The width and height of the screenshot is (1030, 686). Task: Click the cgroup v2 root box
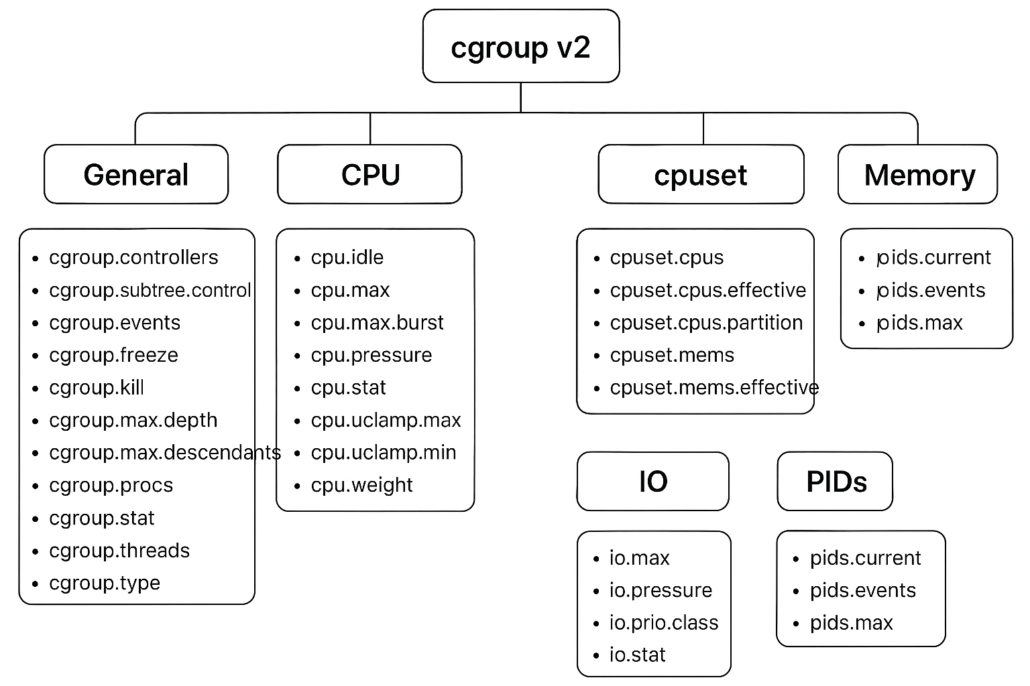(520, 47)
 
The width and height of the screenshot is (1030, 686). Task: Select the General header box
(136, 175)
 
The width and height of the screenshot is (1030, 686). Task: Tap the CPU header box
(369, 175)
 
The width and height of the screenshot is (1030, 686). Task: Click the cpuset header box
(700, 175)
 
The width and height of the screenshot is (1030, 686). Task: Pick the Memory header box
(918, 175)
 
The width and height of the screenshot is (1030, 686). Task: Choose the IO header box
(652, 482)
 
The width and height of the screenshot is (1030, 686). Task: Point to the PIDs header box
(835, 482)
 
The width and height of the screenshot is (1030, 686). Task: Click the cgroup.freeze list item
(113, 355)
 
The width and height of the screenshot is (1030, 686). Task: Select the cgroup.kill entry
(97, 388)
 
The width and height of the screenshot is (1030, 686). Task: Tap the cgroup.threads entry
(119, 551)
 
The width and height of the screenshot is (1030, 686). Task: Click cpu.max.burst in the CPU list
(377, 323)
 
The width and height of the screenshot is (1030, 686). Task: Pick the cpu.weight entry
(361, 485)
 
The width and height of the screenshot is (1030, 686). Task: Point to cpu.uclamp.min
(383, 453)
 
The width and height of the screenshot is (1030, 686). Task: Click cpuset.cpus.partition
(706, 323)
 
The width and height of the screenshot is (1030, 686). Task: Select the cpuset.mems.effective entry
(713, 388)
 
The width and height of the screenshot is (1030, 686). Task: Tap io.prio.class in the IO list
(663, 623)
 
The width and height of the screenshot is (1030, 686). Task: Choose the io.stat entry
(637, 655)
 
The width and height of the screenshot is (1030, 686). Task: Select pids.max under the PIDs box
(851, 623)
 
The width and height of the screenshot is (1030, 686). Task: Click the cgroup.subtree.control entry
(150, 290)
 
